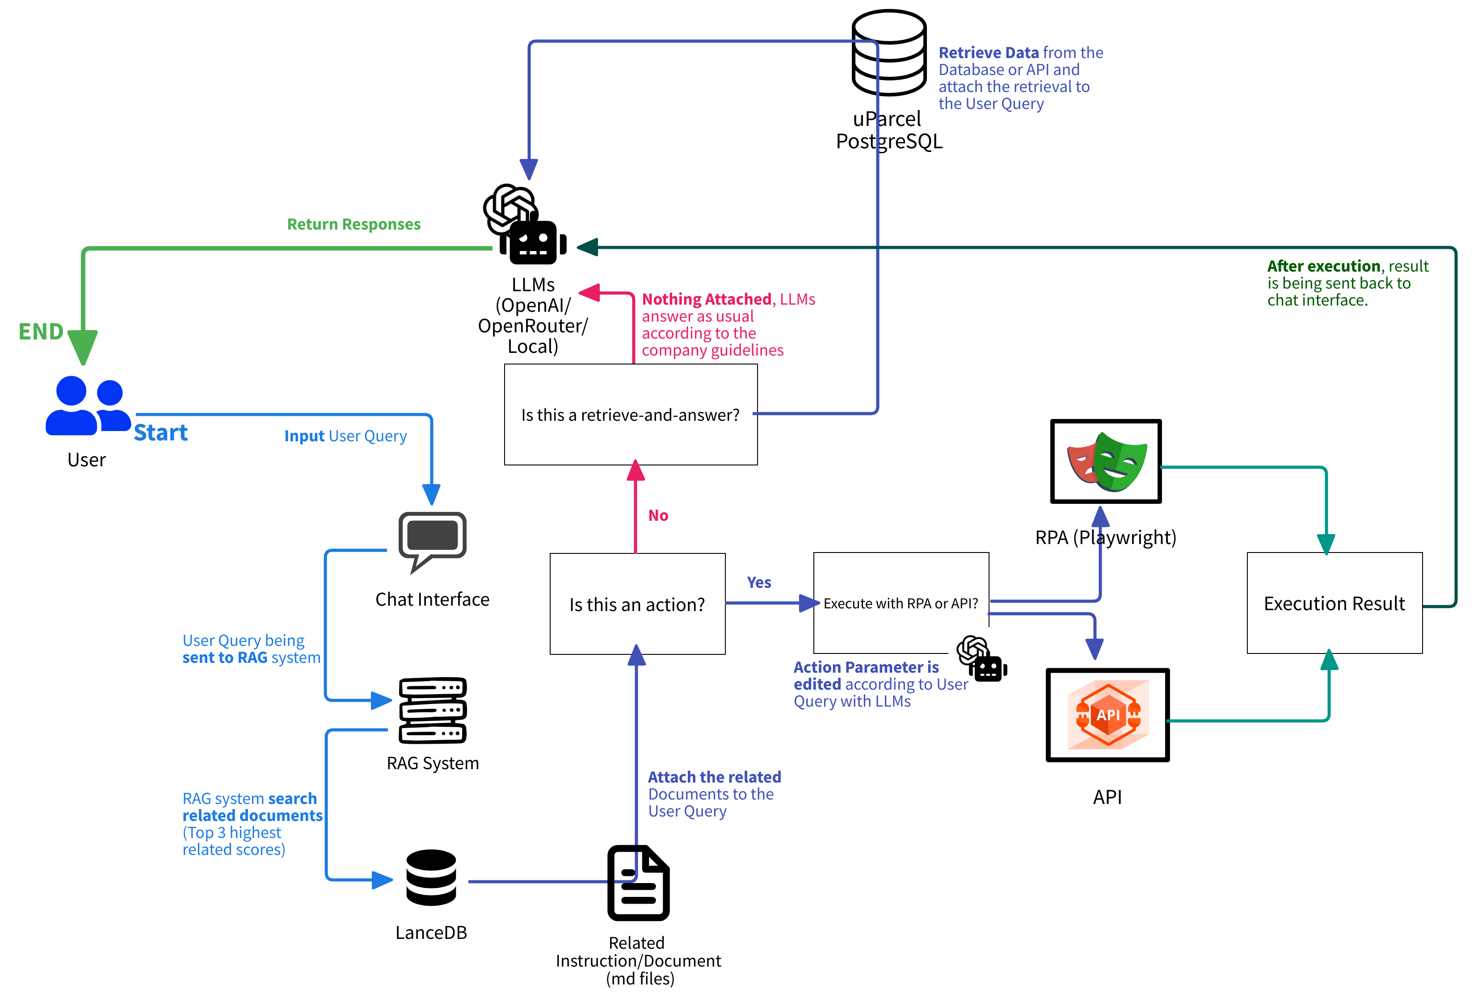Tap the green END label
point(41,331)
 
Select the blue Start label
point(161,433)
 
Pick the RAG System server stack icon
point(432,710)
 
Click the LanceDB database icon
point(431,878)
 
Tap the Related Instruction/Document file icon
point(638,883)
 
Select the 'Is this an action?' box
point(637,604)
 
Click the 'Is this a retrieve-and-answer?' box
point(630,415)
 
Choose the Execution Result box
point(1334,603)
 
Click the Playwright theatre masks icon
point(1106,461)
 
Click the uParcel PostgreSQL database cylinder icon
point(889,53)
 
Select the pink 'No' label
point(658,515)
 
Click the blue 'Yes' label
point(759,582)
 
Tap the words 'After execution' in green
point(1323,266)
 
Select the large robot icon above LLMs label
point(533,242)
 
